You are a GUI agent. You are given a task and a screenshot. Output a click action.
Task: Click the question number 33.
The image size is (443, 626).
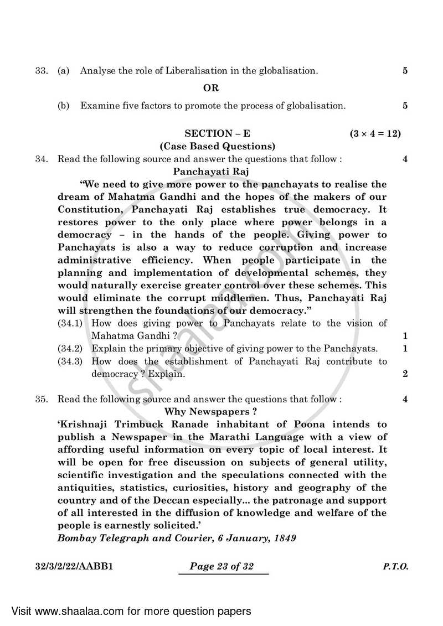click(41, 71)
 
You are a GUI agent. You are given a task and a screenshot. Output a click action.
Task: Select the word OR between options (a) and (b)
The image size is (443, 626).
click(211, 88)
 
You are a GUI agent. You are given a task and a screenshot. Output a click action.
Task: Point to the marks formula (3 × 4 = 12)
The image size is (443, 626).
click(375, 134)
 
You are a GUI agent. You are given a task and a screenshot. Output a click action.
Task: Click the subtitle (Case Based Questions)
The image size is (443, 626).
click(217, 147)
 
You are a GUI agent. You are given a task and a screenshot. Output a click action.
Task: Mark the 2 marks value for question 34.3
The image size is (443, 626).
click(405, 374)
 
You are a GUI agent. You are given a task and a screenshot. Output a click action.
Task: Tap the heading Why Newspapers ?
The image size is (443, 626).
click(211, 412)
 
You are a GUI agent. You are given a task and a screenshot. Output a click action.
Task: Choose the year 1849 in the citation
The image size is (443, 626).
click(284, 538)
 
